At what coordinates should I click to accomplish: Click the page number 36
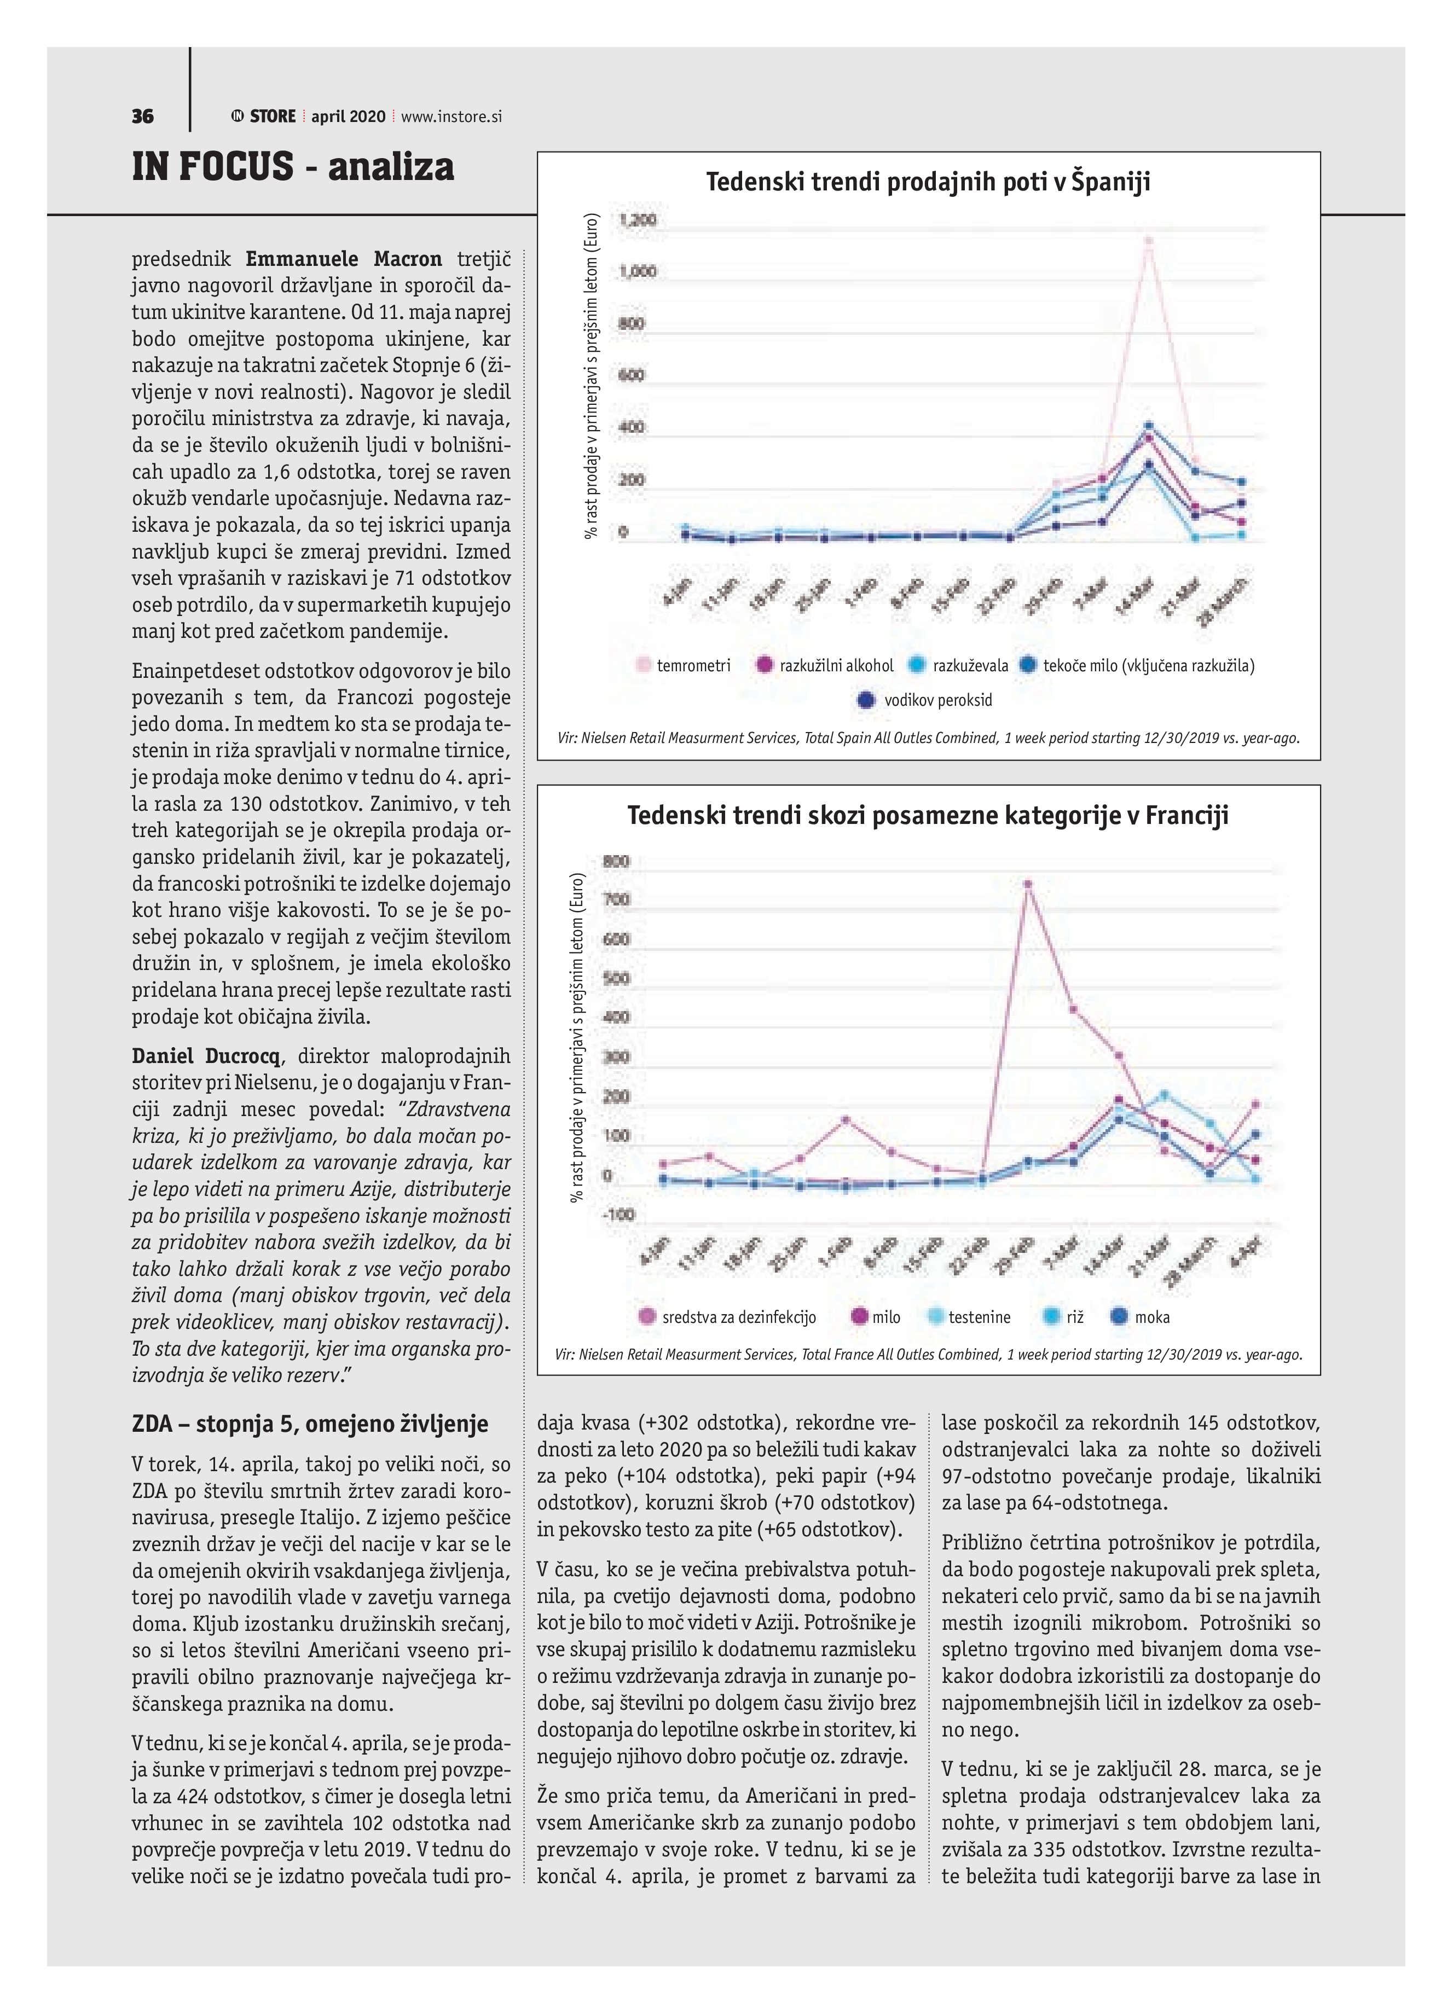142,117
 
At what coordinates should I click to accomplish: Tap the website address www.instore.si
451,117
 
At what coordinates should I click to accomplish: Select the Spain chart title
928,182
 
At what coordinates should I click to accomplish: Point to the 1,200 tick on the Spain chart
637,219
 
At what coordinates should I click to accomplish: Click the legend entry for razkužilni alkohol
825,665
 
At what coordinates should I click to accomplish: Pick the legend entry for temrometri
682,665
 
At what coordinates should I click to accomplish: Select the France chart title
928,816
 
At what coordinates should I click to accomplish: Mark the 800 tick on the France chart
616,861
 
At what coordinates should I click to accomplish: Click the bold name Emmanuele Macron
343,259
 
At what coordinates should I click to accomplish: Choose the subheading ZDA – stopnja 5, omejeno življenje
310,1424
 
